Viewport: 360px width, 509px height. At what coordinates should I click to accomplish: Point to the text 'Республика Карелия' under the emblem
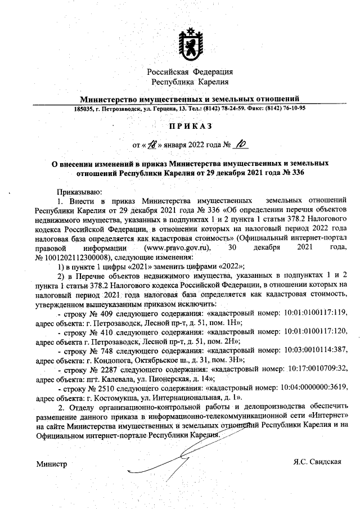[x=190, y=82]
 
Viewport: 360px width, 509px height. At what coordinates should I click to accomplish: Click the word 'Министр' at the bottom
[x=51, y=465]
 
